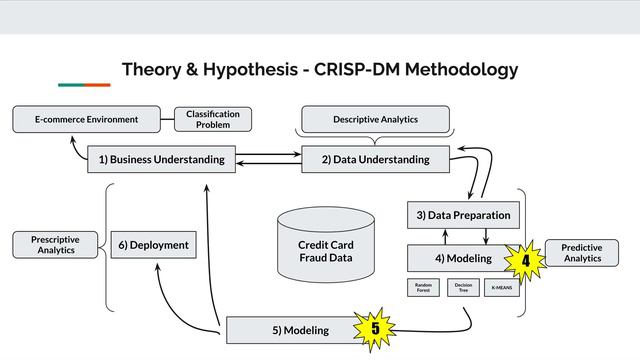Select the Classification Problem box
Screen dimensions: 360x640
(213, 120)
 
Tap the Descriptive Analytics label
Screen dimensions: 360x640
(375, 120)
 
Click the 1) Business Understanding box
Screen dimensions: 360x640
(161, 159)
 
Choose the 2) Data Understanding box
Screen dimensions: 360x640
(375, 159)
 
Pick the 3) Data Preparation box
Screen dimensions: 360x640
(462, 215)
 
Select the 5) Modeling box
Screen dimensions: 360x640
(295, 330)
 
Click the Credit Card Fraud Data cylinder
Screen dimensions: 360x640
(326, 245)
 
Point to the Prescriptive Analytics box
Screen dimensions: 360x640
(56, 245)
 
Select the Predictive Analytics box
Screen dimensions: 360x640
(582, 253)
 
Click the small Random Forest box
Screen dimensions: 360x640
(424, 288)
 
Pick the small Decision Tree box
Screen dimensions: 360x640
(463, 288)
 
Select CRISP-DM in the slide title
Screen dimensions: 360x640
(373, 70)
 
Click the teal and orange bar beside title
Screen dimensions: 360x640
(84, 85)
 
